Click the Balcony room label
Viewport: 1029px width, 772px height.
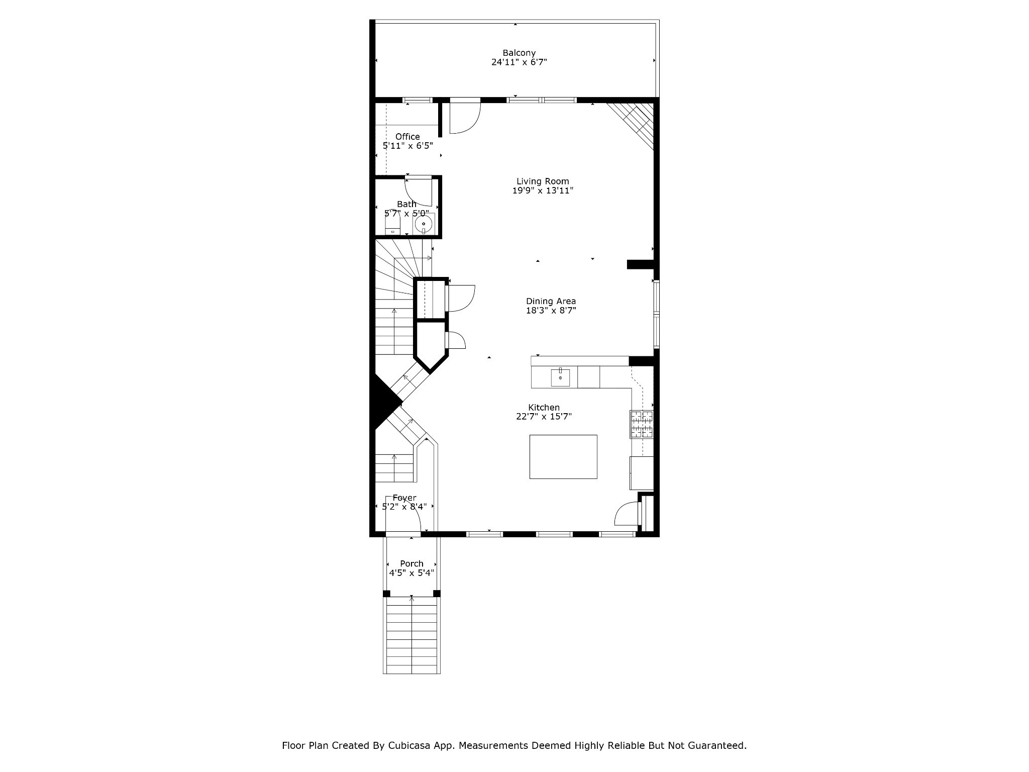519,53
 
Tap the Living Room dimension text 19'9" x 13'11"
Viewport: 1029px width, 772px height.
543,191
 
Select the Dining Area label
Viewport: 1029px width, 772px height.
551,301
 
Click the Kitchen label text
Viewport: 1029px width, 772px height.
544,408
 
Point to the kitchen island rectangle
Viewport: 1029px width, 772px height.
563,457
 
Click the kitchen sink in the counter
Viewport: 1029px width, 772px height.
560,377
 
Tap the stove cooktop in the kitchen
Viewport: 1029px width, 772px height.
642,424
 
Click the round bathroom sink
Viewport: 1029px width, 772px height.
424,224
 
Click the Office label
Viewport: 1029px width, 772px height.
407,137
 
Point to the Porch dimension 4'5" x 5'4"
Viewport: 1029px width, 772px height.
411,573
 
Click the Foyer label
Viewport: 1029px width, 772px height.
404,498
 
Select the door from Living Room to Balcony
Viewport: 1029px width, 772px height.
465,118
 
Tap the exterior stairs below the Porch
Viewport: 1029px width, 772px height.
411,635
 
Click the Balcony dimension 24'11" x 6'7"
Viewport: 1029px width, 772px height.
519,62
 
